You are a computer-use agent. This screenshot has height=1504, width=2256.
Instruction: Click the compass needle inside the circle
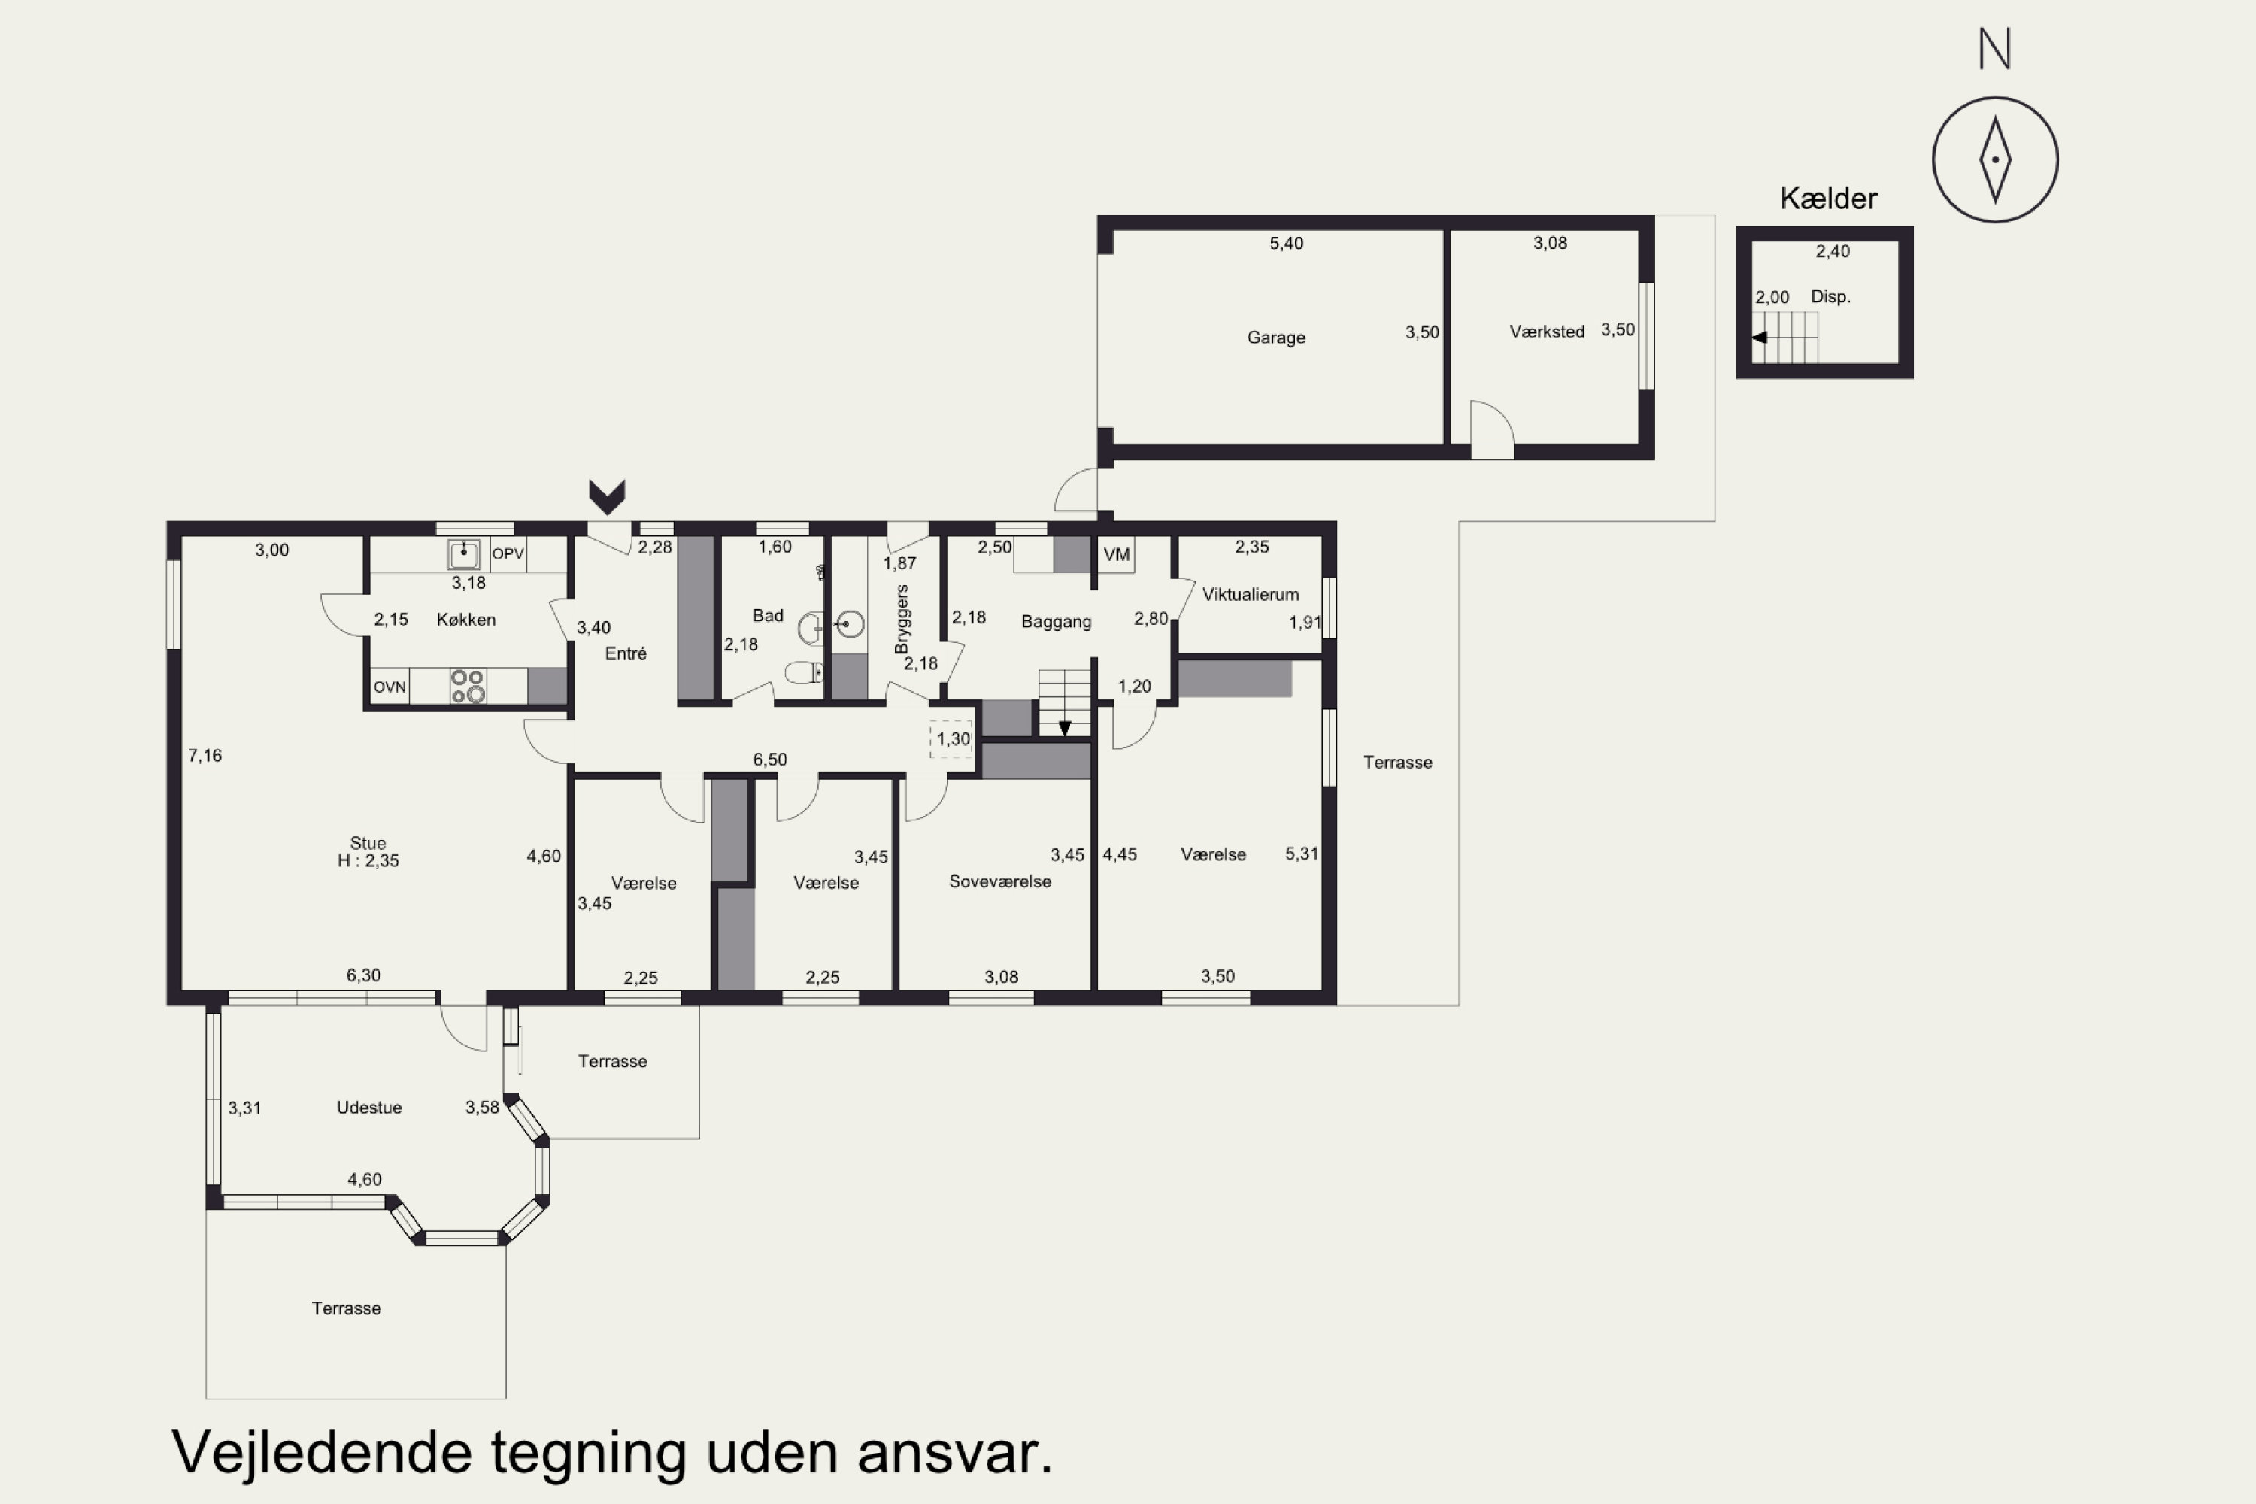1995,160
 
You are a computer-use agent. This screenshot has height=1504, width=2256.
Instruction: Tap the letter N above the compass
1995,48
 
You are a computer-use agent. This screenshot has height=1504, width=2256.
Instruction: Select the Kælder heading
1828,199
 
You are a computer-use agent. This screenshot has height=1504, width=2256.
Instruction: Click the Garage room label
1275,338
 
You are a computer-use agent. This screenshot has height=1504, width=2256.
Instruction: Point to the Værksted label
1546,332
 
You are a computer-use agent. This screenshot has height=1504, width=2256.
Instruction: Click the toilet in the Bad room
803,672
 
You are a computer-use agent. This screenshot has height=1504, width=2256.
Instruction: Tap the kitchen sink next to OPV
464,554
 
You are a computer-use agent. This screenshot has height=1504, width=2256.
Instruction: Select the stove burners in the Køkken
468,686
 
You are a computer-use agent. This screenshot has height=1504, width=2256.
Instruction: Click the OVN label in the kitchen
390,687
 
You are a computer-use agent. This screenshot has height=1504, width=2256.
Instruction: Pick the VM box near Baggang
1115,554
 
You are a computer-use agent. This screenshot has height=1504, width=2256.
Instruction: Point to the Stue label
368,843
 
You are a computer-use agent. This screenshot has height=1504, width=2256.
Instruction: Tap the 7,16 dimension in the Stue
205,756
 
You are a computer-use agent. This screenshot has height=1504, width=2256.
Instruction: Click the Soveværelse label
999,881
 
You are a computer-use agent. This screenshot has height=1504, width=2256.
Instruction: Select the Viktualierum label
1250,595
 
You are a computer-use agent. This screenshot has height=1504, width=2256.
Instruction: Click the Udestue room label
369,1108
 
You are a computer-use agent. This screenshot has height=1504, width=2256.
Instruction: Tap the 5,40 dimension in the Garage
1286,244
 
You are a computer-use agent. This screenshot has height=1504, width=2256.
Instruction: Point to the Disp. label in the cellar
1830,297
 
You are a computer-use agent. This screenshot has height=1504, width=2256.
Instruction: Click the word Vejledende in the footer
321,1452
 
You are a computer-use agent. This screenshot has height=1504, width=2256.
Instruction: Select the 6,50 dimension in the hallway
769,760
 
